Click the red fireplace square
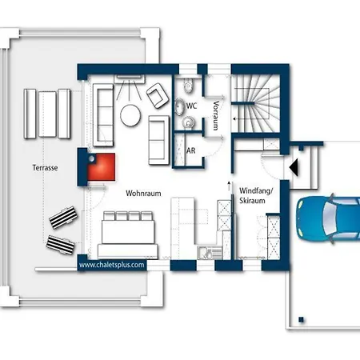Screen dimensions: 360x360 [x=102, y=167]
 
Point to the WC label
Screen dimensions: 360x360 [x=192, y=106]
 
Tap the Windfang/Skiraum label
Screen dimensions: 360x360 [x=256, y=197]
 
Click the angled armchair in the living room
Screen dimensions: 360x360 [x=155, y=95]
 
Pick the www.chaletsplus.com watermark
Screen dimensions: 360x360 [x=112, y=264]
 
